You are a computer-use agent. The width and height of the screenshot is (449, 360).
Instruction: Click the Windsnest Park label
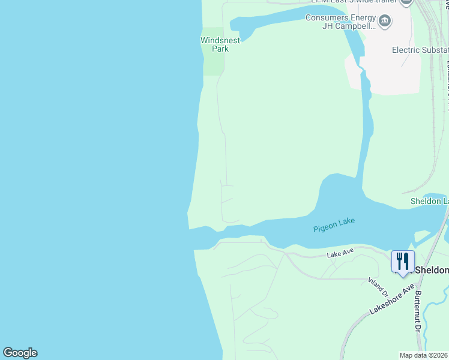[x=220, y=44]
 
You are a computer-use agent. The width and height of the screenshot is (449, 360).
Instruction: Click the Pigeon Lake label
[x=334, y=225]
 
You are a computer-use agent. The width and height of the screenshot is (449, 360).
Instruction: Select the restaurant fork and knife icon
[x=403, y=261]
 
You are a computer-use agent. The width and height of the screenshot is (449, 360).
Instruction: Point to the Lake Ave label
[x=340, y=254]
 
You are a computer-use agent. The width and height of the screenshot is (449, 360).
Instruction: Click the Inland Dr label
[x=378, y=287]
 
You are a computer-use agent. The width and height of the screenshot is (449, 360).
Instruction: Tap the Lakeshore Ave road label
[x=392, y=299]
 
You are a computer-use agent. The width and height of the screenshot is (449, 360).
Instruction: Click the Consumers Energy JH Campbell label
[x=340, y=22]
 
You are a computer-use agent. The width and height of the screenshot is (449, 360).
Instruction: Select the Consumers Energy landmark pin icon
[x=385, y=23]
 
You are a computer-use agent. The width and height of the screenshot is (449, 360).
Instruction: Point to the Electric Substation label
[x=420, y=50]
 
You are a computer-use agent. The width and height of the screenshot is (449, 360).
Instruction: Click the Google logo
[x=20, y=353]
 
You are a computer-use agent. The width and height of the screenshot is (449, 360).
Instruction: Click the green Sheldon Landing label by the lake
[x=429, y=200]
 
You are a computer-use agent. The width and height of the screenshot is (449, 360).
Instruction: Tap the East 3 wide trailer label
[x=354, y=2]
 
